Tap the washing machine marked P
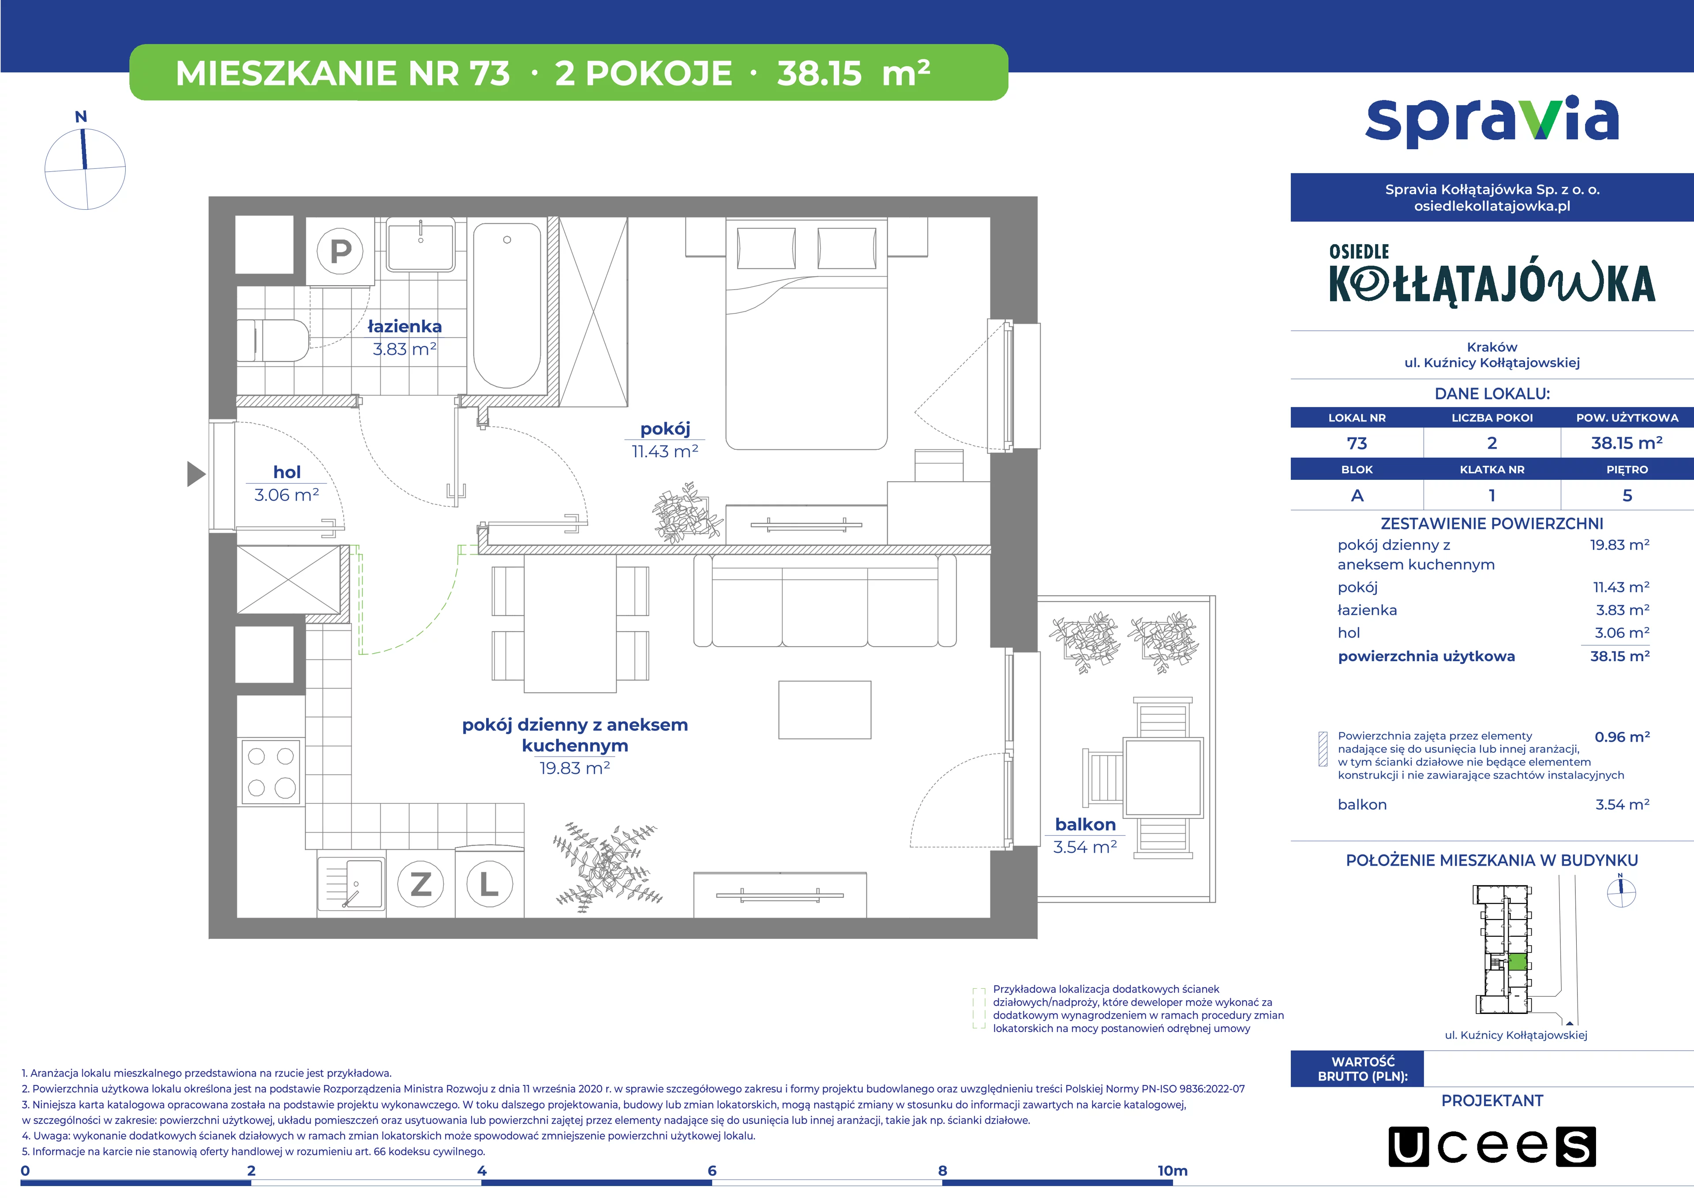click(x=340, y=251)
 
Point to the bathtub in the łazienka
click(x=507, y=305)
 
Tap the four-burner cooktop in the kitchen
click(x=271, y=772)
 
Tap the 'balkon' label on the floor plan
click(x=1085, y=825)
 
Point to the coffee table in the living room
click(x=825, y=709)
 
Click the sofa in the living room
click(x=825, y=601)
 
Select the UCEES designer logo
click(x=1492, y=1146)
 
